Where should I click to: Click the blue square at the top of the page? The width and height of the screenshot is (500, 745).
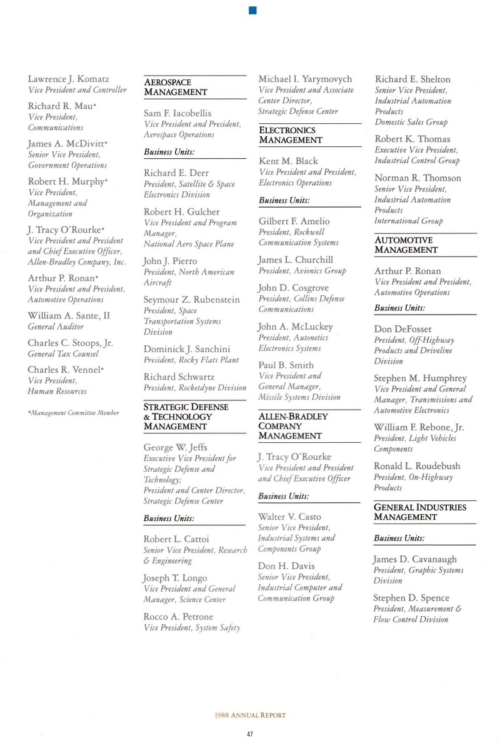251,9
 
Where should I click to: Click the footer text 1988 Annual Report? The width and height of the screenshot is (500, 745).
249,714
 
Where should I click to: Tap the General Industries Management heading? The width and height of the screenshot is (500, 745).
420,512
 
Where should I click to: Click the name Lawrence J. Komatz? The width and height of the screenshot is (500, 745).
69,79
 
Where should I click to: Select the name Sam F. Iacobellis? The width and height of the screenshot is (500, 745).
177,113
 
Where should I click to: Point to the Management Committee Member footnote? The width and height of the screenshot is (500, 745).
74,413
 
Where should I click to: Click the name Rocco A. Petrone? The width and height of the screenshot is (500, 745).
178,617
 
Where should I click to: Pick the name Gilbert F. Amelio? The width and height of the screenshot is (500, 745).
294,221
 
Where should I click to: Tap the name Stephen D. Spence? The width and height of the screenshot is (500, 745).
411,598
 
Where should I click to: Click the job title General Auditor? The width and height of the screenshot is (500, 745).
56,327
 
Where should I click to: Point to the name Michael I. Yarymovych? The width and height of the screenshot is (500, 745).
305,79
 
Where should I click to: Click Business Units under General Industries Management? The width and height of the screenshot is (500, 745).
399,538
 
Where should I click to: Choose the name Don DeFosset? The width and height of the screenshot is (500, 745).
402,329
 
